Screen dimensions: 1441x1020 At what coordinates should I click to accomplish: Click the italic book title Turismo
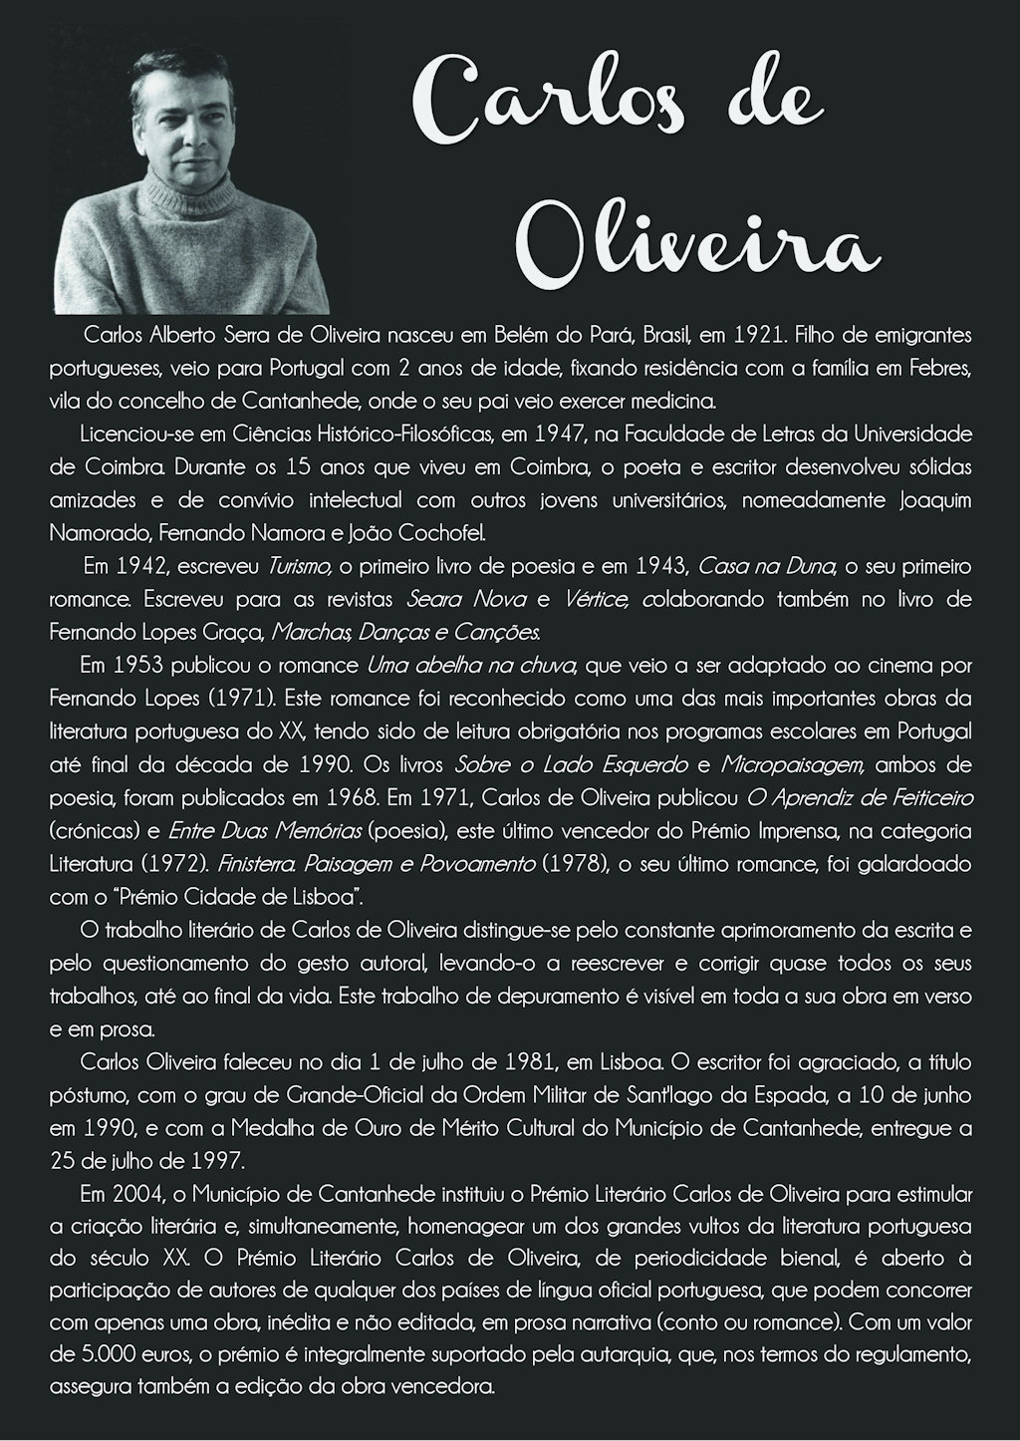[x=299, y=566]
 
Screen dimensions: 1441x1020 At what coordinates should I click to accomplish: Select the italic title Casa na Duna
[x=767, y=566]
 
